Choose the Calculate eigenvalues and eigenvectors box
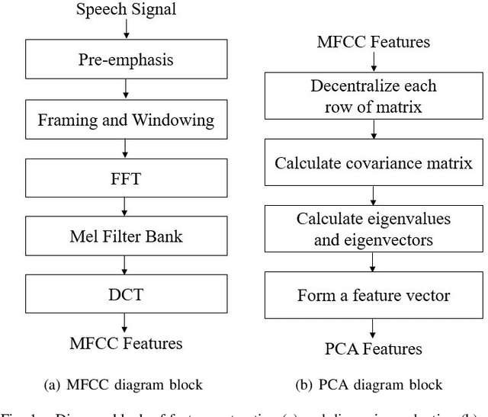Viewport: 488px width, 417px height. coord(373,229)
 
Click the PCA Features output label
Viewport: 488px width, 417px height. coord(373,349)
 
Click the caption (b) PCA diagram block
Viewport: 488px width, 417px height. coord(374,385)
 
